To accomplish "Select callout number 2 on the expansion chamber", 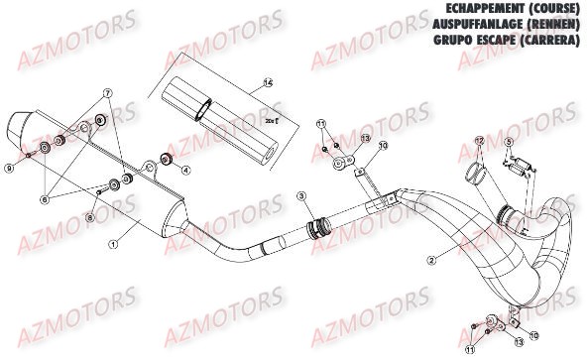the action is tap(431, 261).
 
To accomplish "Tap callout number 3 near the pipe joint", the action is tap(298, 198).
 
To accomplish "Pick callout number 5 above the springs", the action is tap(508, 143).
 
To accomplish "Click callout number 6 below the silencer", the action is tap(43, 199).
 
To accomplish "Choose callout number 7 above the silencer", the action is tap(107, 93).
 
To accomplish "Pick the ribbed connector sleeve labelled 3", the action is tap(318, 229).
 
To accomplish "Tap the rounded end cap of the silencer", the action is tap(19, 127).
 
